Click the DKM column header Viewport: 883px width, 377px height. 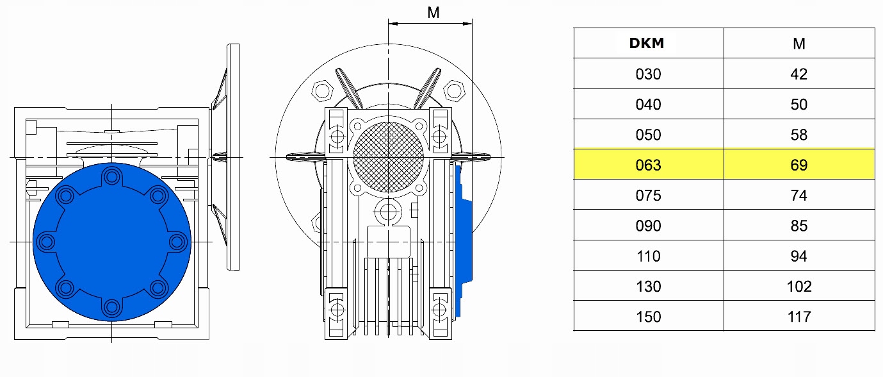click(647, 44)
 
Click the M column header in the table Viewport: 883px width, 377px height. click(798, 44)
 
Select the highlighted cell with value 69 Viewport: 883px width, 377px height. click(798, 165)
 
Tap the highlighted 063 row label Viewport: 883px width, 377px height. click(648, 165)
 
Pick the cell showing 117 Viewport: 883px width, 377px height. click(798, 316)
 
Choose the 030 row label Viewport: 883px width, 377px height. click(648, 74)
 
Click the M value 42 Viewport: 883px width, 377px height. click(798, 74)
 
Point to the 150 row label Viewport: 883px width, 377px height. click(648, 316)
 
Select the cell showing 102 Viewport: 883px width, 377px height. click(798, 286)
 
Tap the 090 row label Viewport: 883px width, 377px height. click(648, 226)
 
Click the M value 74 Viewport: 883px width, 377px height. click(798, 195)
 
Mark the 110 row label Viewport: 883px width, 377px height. click(648, 256)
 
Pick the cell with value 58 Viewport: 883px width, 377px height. click(798, 135)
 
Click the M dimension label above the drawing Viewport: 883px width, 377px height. click(433, 12)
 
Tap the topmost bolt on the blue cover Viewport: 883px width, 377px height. click(112, 175)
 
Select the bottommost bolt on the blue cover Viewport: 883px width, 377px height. click(112, 308)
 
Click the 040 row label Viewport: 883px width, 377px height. click(648, 104)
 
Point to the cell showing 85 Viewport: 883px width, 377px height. click(798, 226)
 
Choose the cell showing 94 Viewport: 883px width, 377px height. click(798, 256)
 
